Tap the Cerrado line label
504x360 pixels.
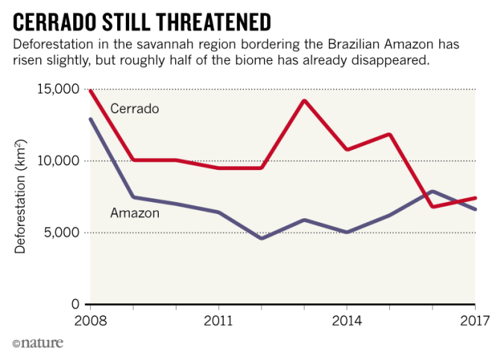point(135,109)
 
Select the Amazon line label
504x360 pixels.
point(134,213)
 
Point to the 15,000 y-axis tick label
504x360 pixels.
point(58,89)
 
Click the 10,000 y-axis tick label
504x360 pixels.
point(58,161)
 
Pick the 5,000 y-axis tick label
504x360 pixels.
point(62,233)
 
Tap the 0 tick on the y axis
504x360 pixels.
point(75,304)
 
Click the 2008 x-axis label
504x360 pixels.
point(89,321)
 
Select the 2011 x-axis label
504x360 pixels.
point(218,321)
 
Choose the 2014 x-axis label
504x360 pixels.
point(347,321)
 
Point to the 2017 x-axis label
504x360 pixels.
point(474,321)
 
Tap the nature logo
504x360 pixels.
point(37,343)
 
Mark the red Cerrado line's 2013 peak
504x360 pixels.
point(304,101)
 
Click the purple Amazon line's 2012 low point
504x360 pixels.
point(261,238)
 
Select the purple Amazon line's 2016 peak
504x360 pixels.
point(432,192)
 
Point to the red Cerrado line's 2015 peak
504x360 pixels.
point(390,135)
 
